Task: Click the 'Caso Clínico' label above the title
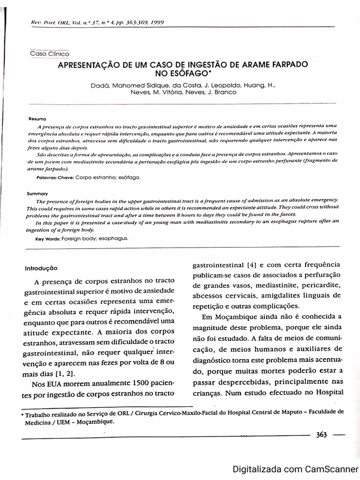[x=49, y=54]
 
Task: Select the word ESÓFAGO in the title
[x=178, y=73]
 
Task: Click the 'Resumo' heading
[x=37, y=119]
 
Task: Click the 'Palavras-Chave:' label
[x=55, y=178]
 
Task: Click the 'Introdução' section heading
[x=41, y=269]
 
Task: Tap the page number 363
[x=321, y=435]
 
